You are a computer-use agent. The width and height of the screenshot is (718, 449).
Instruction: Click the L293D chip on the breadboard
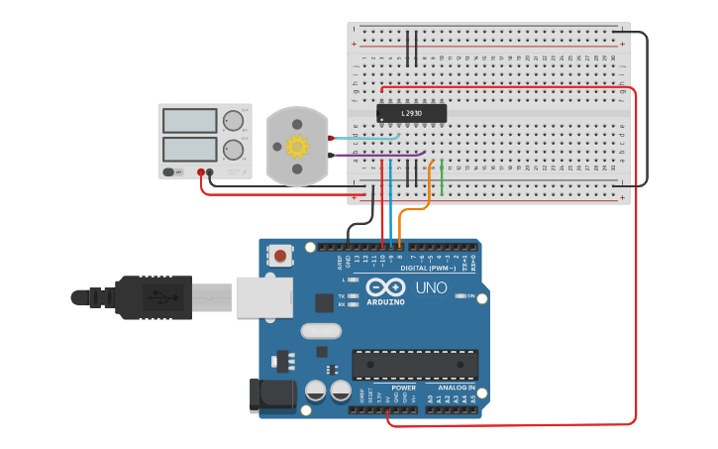pyautogui.click(x=411, y=114)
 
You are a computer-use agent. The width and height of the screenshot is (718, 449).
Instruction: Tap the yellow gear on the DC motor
pyautogui.click(x=297, y=147)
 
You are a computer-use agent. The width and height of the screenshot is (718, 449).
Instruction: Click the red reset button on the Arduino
pyautogui.click(x=281, y=257)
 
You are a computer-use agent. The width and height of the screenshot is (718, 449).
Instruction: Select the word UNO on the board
pyautogui.click(x=430, y=287)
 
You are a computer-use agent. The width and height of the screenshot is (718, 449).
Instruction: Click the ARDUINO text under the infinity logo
pyautogui.click(x=385, y=301)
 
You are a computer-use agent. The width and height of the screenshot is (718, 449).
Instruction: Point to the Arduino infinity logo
pyautogui.click(x=385, y=287)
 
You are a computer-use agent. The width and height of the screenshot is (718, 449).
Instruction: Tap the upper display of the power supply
pyautogui.click(x=189, y=121)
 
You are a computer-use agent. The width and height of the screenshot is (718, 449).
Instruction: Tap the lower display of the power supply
pyautogui.click(x=189, y=150)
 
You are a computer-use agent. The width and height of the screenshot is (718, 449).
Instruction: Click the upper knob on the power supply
pyautogui.click(x=234, y=121)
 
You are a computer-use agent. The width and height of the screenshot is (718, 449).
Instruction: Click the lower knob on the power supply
pyautogui.click(x=234, y=151)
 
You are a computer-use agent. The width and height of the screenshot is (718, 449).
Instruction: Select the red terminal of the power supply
pyautogui.click(x=201, y=172)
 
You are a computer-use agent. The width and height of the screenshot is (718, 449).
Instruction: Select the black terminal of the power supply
pyautogui.click(x=210, y=172)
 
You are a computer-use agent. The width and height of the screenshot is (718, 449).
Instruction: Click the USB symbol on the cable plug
pyautogui.click(x=161, y=296)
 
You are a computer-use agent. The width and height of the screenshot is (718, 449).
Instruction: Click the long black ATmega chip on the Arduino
pyautogui.click(x=415, y=364)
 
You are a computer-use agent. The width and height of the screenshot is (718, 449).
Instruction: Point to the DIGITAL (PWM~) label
pyautogui.click(x=428, y=269)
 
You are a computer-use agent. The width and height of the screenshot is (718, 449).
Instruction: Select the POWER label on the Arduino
pyautogui.click(x=389, y=388)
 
